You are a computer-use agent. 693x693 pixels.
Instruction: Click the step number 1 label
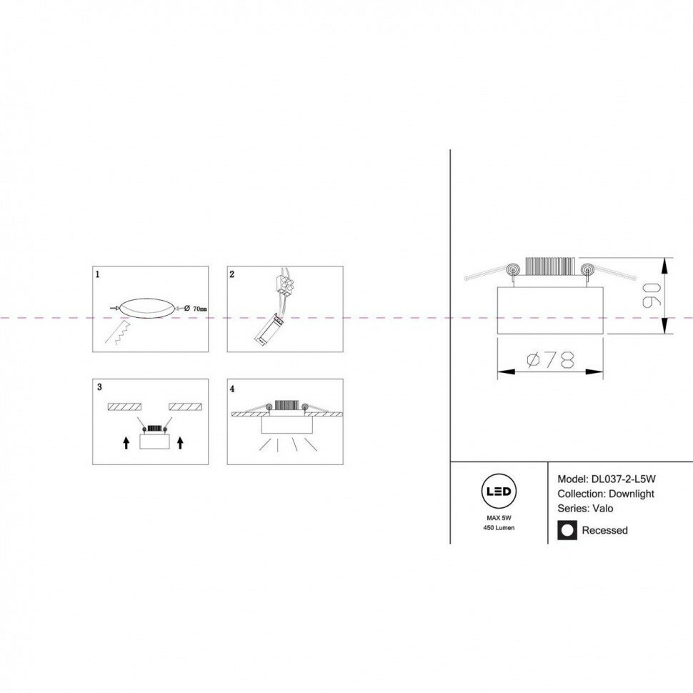99,274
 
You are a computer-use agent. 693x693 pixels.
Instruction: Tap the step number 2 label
232,274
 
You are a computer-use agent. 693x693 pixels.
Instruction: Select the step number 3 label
99,387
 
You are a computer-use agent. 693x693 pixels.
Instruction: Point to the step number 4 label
232,389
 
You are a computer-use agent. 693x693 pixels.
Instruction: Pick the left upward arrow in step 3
126,443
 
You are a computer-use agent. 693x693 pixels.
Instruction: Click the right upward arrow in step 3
180,443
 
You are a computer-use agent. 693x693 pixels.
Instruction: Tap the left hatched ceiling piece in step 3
124,407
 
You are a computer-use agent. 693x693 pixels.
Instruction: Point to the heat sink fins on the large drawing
549,266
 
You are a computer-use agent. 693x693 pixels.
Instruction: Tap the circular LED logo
498,491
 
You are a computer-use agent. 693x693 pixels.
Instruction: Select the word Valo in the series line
601,509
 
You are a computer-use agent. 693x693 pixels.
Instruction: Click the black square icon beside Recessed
567,530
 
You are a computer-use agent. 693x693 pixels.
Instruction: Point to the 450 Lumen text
498,527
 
